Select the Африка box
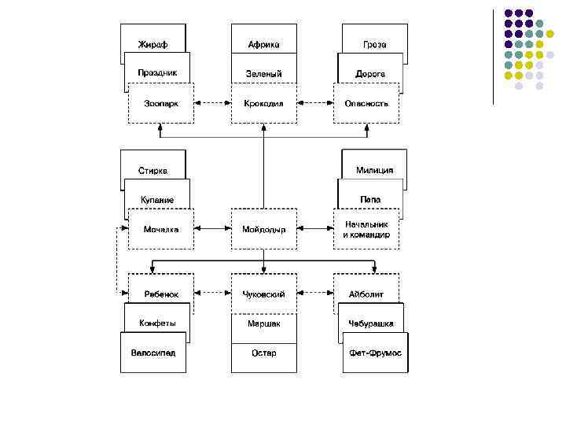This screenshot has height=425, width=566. click(263, 44)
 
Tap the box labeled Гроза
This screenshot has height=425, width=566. click(375, 44)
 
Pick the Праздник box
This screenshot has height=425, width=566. click(157, 72)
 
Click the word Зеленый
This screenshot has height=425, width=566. click(263, 73)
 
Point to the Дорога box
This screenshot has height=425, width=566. click(369, 72)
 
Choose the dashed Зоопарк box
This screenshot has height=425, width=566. click(161, 103)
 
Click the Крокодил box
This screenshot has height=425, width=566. click(263, 103)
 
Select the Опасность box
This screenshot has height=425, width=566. click(366, 103)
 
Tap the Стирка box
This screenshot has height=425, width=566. click(153, 170)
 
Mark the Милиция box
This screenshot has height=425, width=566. click(374, 170)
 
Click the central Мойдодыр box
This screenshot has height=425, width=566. click(263, 229)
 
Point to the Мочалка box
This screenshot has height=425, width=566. click(161, 229)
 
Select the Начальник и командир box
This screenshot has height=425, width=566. click(366, 229)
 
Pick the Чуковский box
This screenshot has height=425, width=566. click(263, 294)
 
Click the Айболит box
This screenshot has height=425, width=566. click(366, 294)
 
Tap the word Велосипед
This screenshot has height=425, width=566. click(153, 353)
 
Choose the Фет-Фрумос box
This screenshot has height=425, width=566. click(375, 353)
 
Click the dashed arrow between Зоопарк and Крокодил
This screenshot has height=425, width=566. click(212, 103)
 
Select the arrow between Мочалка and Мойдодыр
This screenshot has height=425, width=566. click(212, 229)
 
